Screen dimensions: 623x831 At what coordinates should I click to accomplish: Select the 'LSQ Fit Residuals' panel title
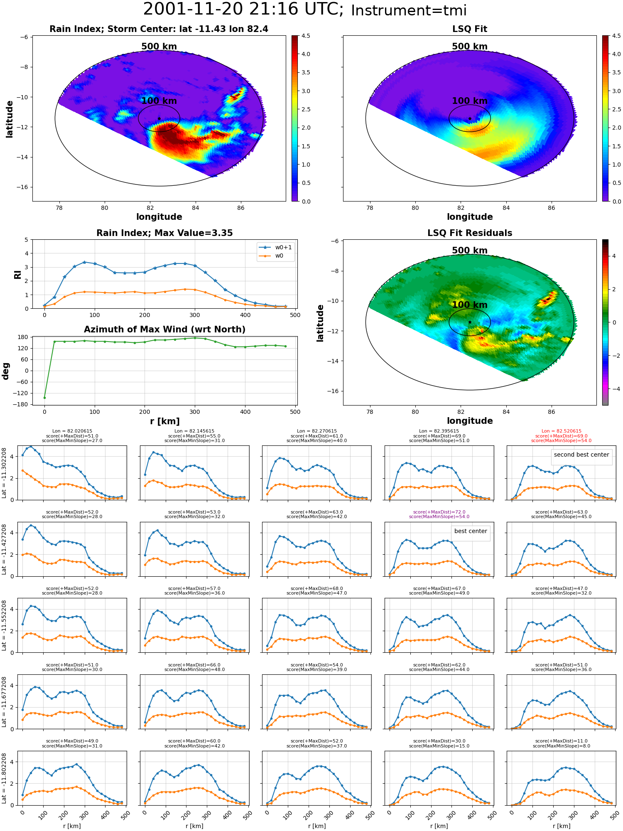click(x=470, y=233)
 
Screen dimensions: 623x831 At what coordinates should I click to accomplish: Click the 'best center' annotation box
click(x=471, y=531)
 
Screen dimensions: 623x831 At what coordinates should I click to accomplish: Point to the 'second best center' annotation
click(x=581, y=455)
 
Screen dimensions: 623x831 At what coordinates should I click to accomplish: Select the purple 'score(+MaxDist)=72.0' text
click(x=439, y=512)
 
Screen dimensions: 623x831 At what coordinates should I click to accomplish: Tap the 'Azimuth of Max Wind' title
click(x=164, y=329)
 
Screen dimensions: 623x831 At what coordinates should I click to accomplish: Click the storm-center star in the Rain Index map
click(x=159, y=118)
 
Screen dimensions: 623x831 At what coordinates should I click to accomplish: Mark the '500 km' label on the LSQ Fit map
click(x=470, y=47)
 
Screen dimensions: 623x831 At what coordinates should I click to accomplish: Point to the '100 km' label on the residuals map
click(x=470, y=305)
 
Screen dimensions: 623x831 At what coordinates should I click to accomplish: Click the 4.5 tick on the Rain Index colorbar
click(x=306, y=36)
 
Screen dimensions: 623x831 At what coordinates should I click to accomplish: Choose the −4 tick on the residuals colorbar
click(x=614, y=389)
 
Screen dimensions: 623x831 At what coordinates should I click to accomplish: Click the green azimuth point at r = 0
click(x=44, y=398)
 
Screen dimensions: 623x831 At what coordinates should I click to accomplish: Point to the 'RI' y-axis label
click(x=18, y=275)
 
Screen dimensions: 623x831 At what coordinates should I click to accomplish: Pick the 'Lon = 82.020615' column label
click(x=72, y=431)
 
